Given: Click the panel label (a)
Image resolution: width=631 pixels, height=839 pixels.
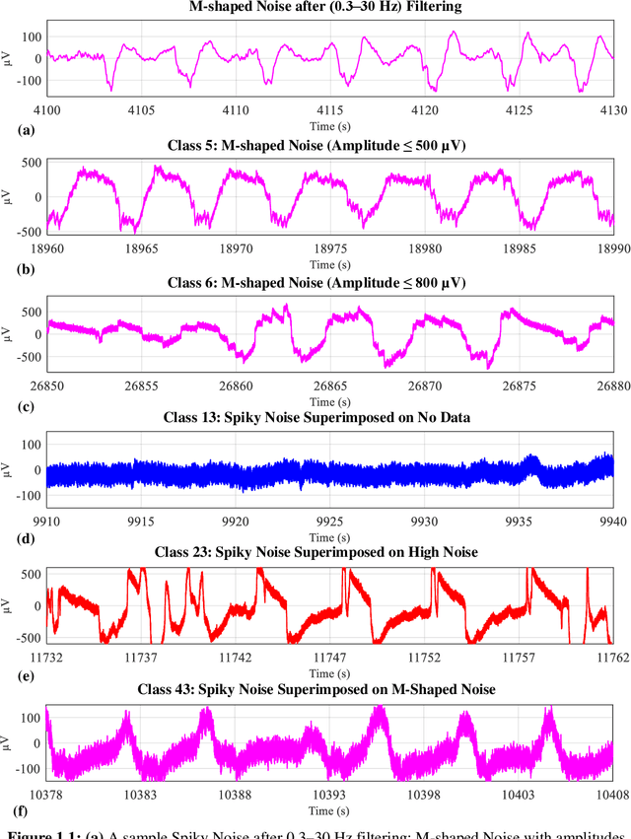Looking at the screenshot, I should click(x=27, y=129).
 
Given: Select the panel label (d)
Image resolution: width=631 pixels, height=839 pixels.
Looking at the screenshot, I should click(x=27, y=537).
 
